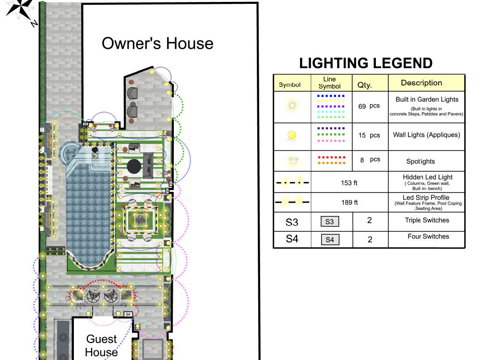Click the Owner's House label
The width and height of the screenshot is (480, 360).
pyautogui.click(x=157, y=44)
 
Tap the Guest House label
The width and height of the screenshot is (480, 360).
pyautogui.click(x=101, y=346)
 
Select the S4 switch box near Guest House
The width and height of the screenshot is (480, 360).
pyautogui.click(x=128, y=314)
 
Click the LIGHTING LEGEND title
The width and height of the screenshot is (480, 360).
pyautogui.click(x=366, y=63)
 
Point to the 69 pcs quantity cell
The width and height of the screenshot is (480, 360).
pyautogui.click(x=369, y=106)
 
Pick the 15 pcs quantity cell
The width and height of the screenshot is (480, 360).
pyautogui.click(x=369, y=135)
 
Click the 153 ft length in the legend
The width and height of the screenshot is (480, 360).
pyautogui.click(x=349, y=183)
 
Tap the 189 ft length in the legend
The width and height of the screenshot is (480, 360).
pyautogui.click(x=349, y=203)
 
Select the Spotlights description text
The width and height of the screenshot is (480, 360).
pyautogui.click(x=420, y=161)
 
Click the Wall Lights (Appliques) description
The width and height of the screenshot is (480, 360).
pyautogui.click(x=426, y=135)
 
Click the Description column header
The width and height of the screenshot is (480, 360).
pyautogui.click(x=421, y=83)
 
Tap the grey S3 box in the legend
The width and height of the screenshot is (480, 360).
pyautogui.click(x=329, y=222)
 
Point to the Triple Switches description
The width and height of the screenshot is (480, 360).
pyautogui.click(x=426, y=220)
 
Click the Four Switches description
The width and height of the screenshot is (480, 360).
pyautogui.click(x=428, y=237)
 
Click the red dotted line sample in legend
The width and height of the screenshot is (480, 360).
pyautogui.click(x=331, y=157)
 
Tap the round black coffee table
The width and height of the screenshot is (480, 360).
pyautogui.click(x=134, y=166)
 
